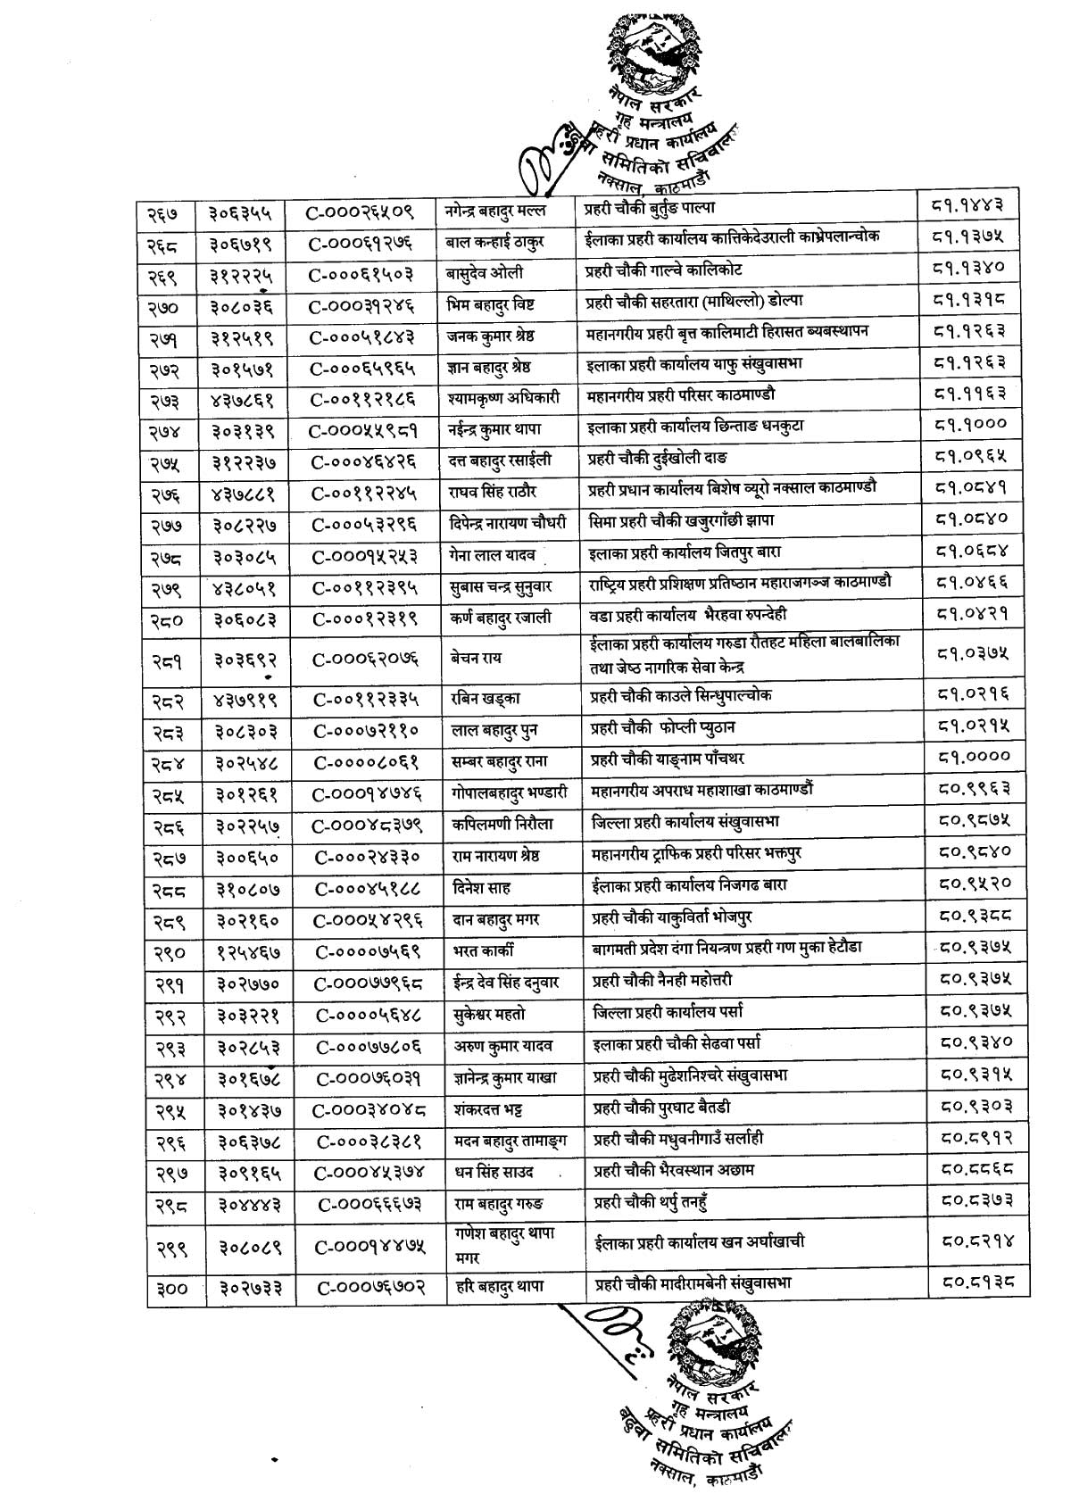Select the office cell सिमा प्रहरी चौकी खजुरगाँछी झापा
click(x=690, y=520)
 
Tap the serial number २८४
click(x=165, y=760)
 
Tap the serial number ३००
click(x=167, y=1289)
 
